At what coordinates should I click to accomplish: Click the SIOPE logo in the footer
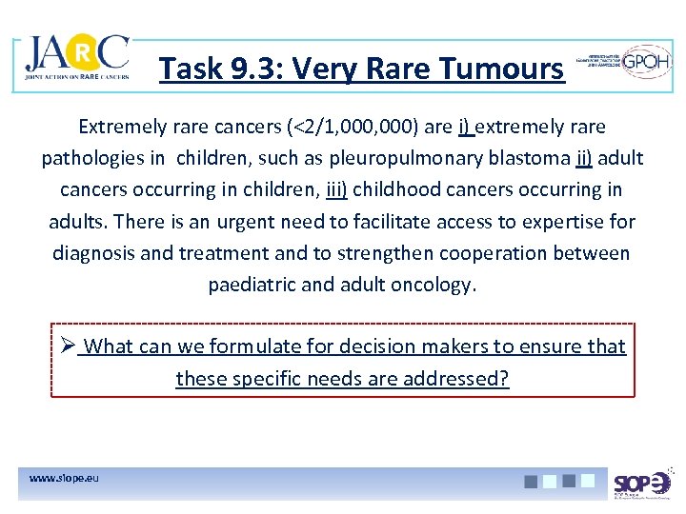(643, 484)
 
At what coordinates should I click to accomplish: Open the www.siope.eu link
(64, 478)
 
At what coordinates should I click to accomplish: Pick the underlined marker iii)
(335, 189)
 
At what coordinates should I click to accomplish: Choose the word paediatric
(248, 285)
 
